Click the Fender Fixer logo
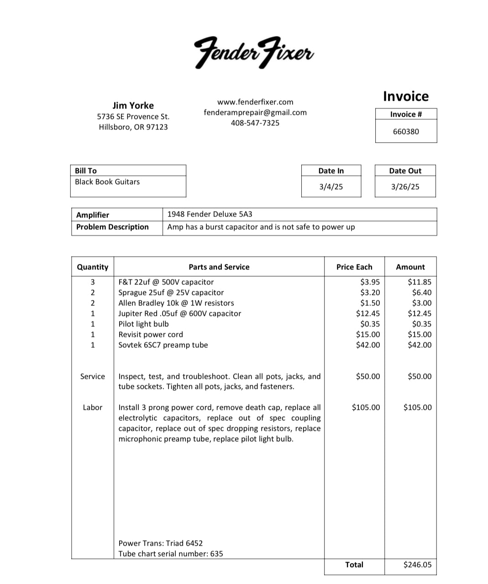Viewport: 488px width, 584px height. pyautogui.click(x=254, y=52)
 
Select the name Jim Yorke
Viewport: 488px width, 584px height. pyautogui.click(x=133, y=105)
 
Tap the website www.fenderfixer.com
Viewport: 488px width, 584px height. pyautogui.click(x=255, y=102)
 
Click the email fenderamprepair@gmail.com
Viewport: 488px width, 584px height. pyautogui.click(x=255, y=112)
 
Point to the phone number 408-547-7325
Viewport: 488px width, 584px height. pyautogui.click(x=255, y=123)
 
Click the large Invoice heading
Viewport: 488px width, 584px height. pyautogui.click(x=405, y=96)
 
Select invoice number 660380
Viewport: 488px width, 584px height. pyautogui.click(x=406, y=131)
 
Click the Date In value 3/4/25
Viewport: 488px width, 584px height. pyautogui.click(x=331, y=186)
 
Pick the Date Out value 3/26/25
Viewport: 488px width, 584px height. pyautogui.click(x=405, y=186)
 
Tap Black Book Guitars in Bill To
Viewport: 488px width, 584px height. pyautogui.click(x=107, y=181)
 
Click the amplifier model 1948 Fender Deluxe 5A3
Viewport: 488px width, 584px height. pyautogui.click(x=210, y=214)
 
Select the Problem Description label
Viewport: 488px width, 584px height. pyautogui.click(x=112, y=227)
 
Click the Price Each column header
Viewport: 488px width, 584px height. pyautogui.click(x=354, y=267)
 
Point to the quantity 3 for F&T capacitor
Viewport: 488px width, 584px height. pyautogui.click(x=93, y=282)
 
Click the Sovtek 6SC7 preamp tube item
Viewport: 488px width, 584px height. pyautogui.click(x=163, y=345)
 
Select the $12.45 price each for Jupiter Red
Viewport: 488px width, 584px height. pyautogui.click(x=367, y=313)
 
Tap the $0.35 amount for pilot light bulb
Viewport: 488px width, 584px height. pyautogui.click(x=421, y=324)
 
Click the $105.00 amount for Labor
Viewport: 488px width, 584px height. pyautogui.click(x=417, y=407)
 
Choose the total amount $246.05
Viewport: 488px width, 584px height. pyautogui.click(x=417, y=564)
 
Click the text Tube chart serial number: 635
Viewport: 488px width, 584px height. pyautogui.click(x=171, y=553)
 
